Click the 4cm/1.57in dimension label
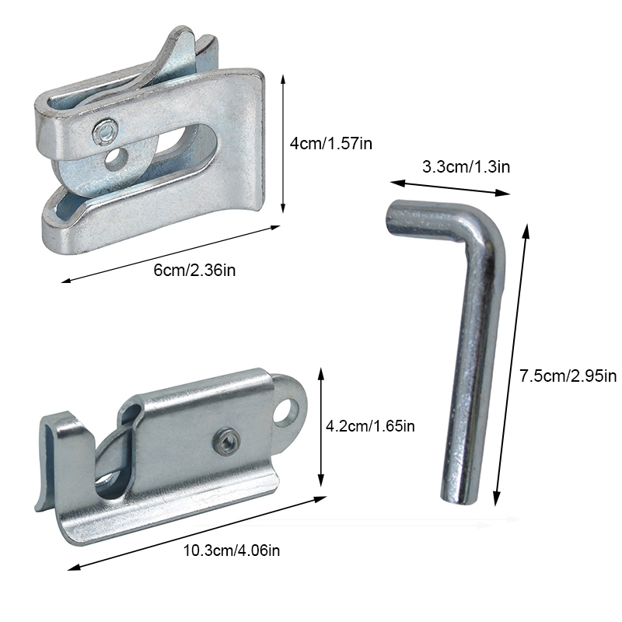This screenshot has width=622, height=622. pyautogui.click(x=331, y=143)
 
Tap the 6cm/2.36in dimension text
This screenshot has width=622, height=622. pyautogui.click(x=194, y=270)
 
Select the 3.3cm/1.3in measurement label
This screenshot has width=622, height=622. pyautogui.click(x=466, y=166)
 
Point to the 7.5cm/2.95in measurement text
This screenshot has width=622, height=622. pyautogui.click(x=568, y=376)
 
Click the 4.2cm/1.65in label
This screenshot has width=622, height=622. pyautogui.click(x=370, y=426)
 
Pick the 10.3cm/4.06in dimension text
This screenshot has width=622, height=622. pyautogui.click(x=231, y=550)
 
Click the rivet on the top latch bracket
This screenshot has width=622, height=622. pyautogui.click(x=106, y=131)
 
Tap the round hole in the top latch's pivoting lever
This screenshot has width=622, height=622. pyautogui.click(x=116, y=159)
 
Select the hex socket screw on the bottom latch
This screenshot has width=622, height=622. pyautogui.click(x=227, y=442)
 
